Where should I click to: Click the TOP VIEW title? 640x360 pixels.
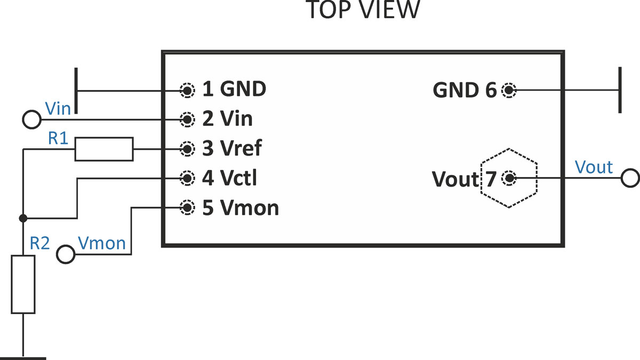(x=363, y=10)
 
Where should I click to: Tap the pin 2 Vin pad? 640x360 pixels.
(x=187, y=119)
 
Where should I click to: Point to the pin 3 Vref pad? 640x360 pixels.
(x=187, y=149)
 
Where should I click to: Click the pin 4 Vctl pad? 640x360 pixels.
(x=187, y=178)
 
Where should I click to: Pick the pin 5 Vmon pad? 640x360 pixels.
(x=187, y=207)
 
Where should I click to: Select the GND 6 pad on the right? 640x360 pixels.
(x=509, y=91)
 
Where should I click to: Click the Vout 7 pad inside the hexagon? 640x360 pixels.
(x=509, y=178)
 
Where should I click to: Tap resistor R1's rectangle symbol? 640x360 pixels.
(x=103, y=149)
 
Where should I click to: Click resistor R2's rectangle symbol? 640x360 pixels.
(x=23, y=284)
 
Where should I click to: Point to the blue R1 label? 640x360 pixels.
(x=58, y=138)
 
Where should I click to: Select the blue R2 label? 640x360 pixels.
(x=39, y=243)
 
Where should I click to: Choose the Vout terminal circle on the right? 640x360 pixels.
(x=630, y=178)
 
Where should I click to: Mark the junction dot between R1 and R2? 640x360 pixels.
(x=23, y=218)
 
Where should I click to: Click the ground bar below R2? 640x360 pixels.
(x=23, y=358)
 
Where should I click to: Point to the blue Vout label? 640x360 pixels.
(x=594, y=167)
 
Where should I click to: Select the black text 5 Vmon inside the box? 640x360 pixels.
(x=241, y=207)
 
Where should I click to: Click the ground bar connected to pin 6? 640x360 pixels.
(x=620, y=91)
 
